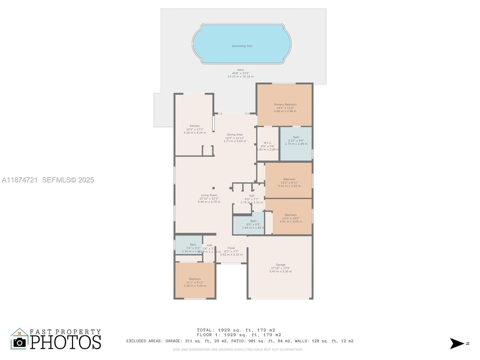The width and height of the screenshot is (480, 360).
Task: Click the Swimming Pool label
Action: pyautogui.click(x=242, y=46)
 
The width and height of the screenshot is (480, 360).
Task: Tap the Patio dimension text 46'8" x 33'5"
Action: pyautogui.click(x=240, y=73)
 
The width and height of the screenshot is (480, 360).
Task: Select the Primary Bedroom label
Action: pyautogui.click(x=285, y=104)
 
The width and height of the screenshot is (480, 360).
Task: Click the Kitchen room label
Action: pyautogui.click(x=195, y=126)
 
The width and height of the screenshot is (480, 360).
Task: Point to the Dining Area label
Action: pyautogui.click(x=235, y=135)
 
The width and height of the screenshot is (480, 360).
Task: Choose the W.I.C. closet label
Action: pyautogui.click(x=268, y=143)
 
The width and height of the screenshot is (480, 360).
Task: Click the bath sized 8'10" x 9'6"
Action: pyautogui.click(x=296, y=140)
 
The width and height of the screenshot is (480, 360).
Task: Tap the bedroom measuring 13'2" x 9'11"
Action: pyautogui.click(x=289, y=182)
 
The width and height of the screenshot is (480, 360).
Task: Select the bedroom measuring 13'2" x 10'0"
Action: pyautogui.click(x=291, y=218)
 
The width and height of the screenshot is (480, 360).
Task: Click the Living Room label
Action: pyautogui.click(x=209, y=195)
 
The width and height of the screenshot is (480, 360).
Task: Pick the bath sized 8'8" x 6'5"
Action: pyautogui.click(x=253, y=224)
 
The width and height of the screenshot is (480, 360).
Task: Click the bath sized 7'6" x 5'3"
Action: pyautogui.click(x=193, y=248)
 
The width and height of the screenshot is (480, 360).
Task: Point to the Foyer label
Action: pyautogui.click(x=231, y=248)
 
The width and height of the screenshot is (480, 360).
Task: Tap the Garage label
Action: pyautogui.click(x=280, y=265)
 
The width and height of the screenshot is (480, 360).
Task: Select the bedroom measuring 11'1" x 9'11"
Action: pyautogui.click(x=195, y=282)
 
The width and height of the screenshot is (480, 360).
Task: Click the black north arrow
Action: pyautogui.click(x=457, y=343)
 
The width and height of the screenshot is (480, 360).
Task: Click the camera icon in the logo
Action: pyautogui.click(x=19, y=342)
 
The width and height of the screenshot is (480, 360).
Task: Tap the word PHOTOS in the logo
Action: pyautogui.click(x=65, y=342)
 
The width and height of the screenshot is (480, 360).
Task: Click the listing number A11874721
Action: pyautogui.click(x=20, y=180)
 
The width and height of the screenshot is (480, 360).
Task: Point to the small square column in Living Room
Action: pyautogui.click(x=214, y=188)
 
